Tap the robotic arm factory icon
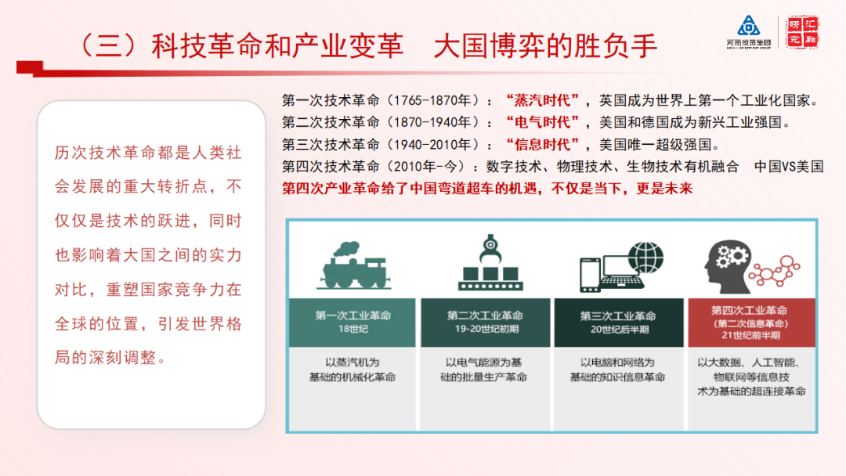[x=488, y=262]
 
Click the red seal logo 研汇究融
[x=802, y=31]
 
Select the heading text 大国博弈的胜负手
[x=545, y=46]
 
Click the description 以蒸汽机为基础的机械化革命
[x=352, y=370]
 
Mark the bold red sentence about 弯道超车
[x=487, y=189]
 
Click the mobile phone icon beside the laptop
[x=589, y=274]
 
